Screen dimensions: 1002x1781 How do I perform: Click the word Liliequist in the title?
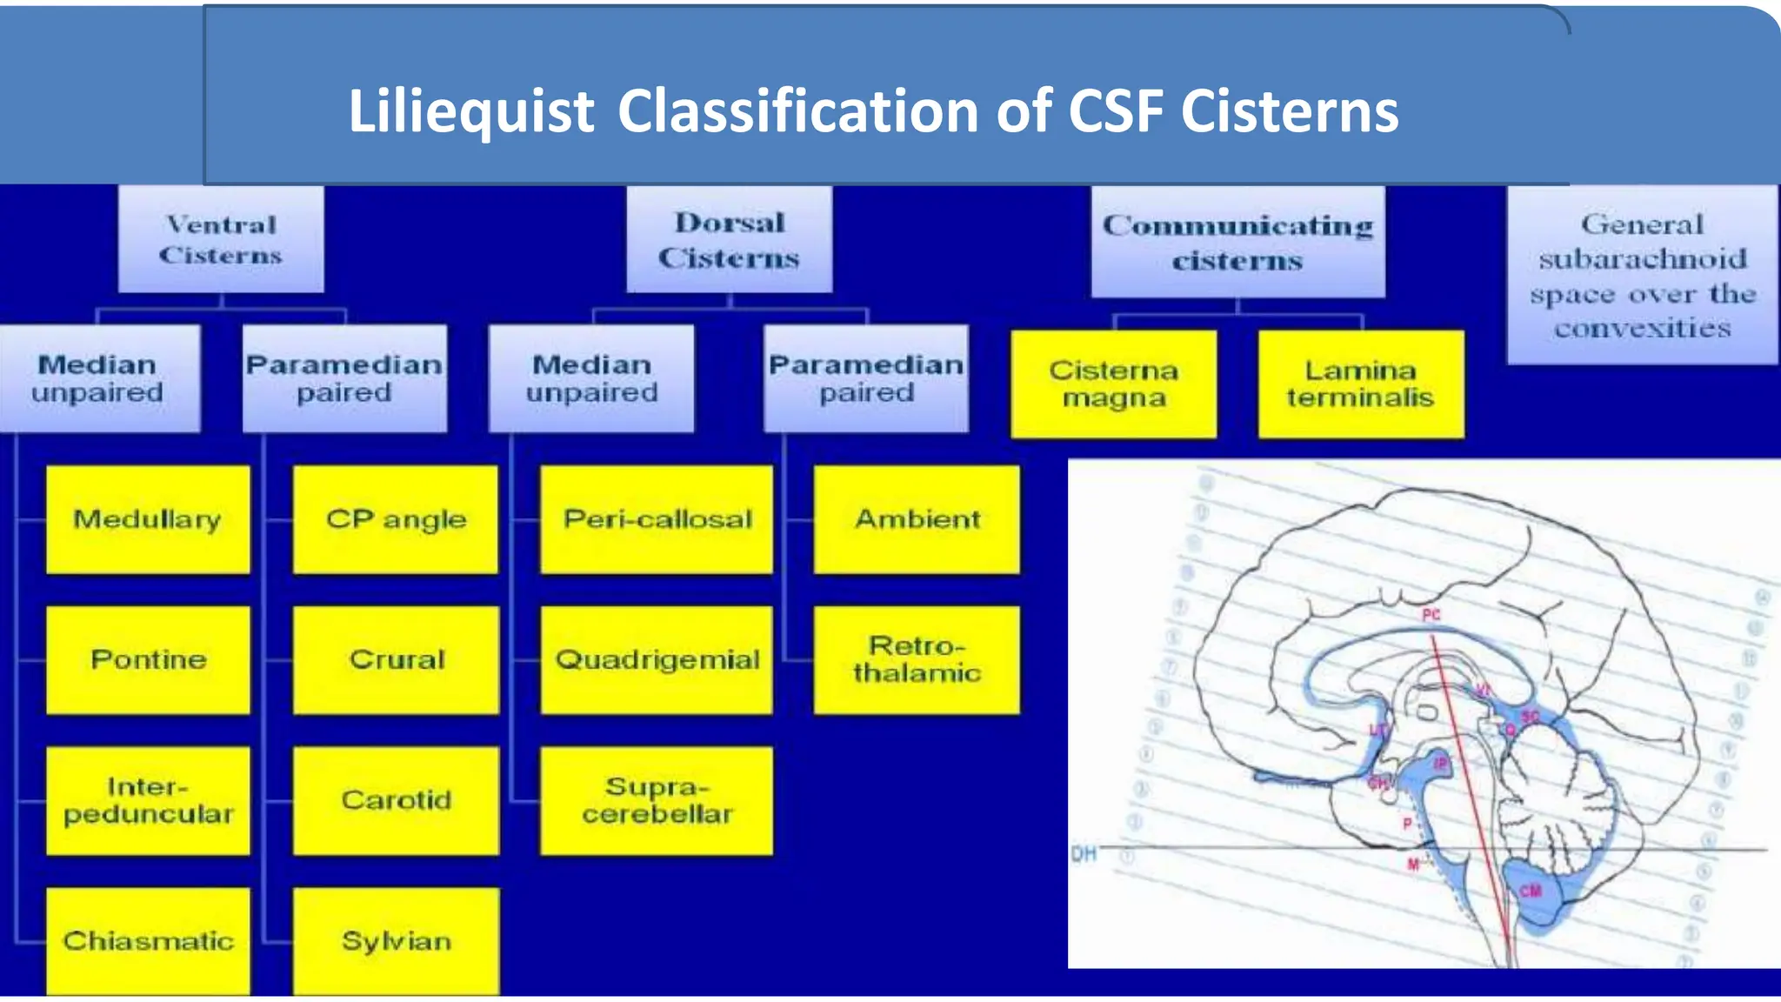point(470,111)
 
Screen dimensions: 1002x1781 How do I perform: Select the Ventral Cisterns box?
point(221,239)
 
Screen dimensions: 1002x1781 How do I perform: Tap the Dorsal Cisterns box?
point(729,239)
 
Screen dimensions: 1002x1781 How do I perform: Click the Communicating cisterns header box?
point(1237,242)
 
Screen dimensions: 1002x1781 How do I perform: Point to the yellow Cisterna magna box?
point(1113,384)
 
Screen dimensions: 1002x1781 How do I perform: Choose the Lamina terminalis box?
point(1360,384)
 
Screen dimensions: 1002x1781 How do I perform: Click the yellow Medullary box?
point(148,519)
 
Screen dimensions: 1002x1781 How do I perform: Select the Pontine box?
point(148,659)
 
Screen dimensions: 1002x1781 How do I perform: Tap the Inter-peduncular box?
point(148,800)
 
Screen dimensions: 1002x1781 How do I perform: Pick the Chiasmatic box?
point(148,940)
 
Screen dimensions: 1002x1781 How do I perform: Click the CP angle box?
point(396,519)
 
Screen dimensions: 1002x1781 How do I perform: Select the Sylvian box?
point(396,940)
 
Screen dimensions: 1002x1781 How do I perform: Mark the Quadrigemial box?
point(657,659)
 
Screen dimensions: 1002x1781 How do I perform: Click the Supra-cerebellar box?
point(657,800)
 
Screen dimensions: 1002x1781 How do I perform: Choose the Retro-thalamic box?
point(917,659)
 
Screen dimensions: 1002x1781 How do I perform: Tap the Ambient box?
point(917,519)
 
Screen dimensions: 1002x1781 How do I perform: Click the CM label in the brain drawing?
point(1531,891)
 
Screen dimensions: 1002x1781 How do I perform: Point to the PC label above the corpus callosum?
point(1431,615)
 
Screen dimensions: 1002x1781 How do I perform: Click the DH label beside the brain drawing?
point(1084,854)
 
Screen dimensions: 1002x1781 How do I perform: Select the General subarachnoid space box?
point(1642,275)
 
